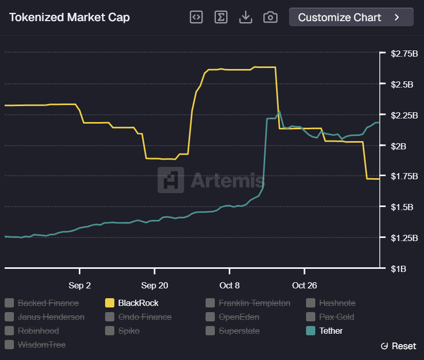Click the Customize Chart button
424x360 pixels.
pos(351,17)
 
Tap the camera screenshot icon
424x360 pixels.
pos(270,17)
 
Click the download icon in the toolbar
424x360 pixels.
pos(246,17)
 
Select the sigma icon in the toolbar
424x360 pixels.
pos(221,17)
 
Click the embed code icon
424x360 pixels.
pos(196,17)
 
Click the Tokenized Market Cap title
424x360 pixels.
pos(70,18)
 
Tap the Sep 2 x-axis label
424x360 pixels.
pos(79,285)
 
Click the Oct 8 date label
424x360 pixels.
pos(229,285)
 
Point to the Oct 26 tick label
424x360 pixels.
pos(304,285)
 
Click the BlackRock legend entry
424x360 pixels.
pos(138,303)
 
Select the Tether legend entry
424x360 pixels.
pos(331,331)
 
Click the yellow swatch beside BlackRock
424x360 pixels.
pos(110,303)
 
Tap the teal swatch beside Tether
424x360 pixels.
pos(311,331)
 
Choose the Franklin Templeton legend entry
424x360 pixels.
pos(255,303)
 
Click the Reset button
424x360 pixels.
pos(398,346)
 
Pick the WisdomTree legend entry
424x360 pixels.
pos(41,345)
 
